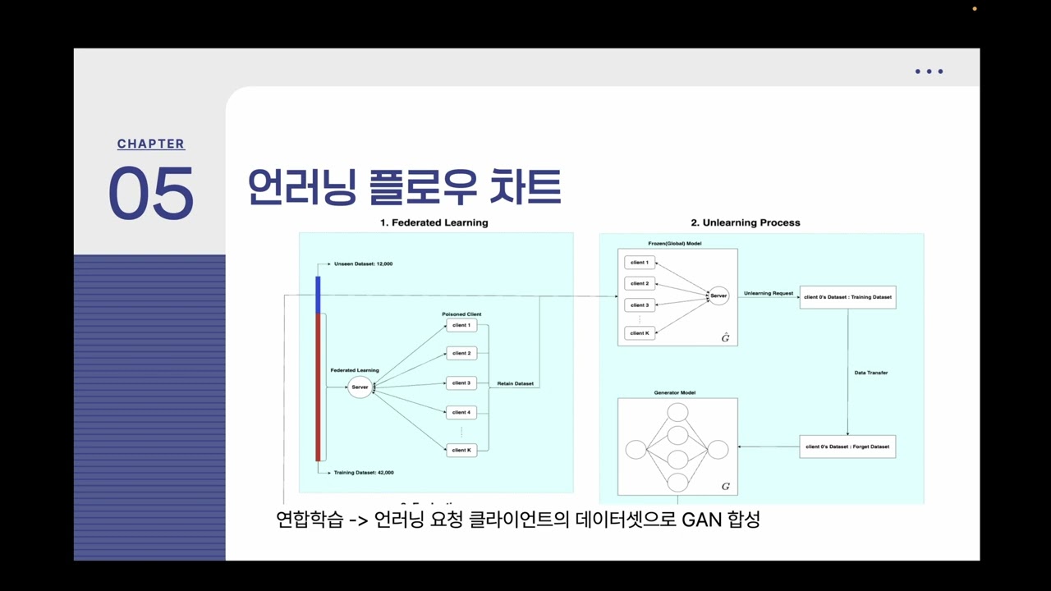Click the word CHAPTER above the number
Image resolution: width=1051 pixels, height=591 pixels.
(151, 144)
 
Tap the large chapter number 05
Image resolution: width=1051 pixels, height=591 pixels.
(151, 194)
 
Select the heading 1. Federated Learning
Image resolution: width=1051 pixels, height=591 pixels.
(434, 222)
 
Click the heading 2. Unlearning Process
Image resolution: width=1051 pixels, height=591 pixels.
(745, 222)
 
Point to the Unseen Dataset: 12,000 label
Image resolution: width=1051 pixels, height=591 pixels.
(363, 264)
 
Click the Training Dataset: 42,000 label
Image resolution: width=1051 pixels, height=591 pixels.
(364, 473)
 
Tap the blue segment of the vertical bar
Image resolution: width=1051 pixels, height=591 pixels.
(318, 295)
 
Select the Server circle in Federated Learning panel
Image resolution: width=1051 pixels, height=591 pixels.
(360, 387)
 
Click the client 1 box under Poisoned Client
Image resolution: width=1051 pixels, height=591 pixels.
(461, 325)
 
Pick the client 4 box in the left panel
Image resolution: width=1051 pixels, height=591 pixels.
(461, 412)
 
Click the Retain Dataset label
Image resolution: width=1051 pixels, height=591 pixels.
(516, 383)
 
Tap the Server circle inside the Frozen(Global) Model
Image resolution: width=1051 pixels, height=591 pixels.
(718, 295)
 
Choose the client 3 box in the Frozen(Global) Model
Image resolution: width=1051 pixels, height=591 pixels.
(640, 305)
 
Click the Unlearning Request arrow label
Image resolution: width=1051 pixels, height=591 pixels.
(769, 293)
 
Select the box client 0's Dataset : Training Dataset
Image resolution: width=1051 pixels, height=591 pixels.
(847, 297)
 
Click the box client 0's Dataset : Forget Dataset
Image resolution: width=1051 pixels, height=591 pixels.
(847, 447)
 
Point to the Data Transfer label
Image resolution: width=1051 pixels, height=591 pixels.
(871, 373)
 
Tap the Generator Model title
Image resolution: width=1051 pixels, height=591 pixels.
(675, 392)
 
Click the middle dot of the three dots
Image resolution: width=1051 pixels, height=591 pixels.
(929, 71)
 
